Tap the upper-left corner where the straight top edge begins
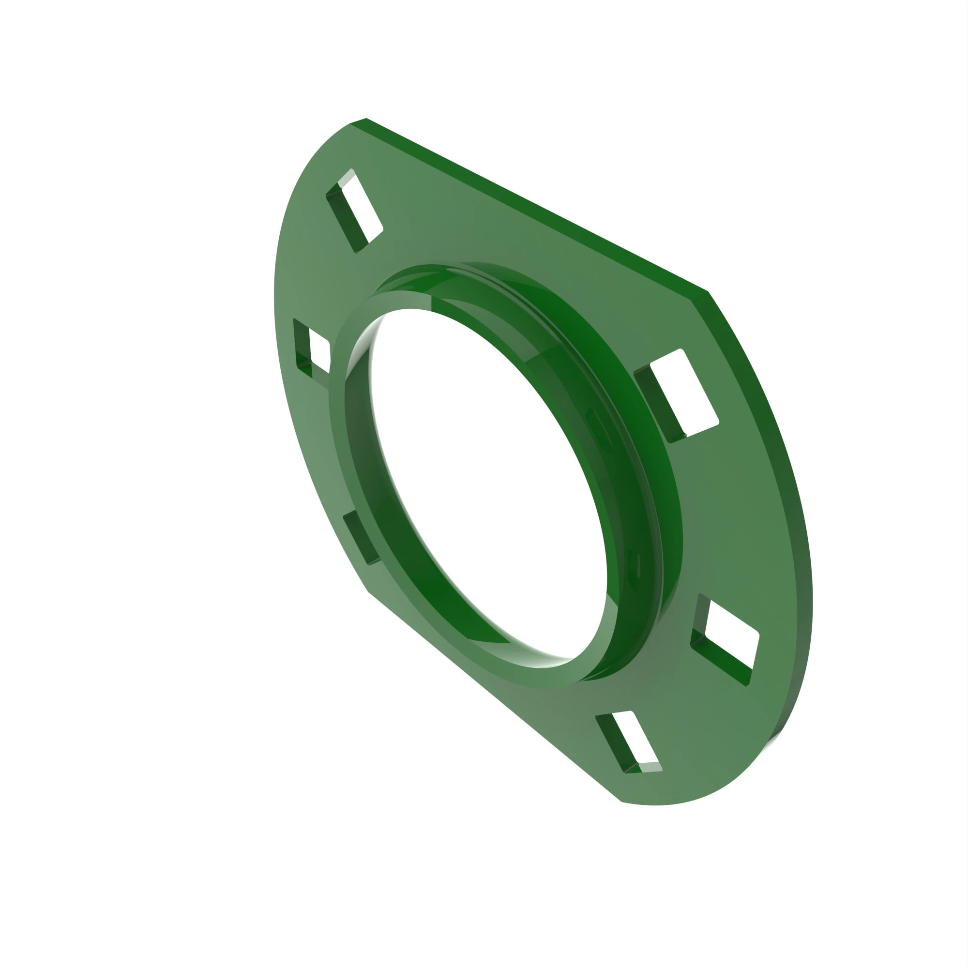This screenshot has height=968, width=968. click(358, 121)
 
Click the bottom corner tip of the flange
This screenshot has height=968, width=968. click(621, 801)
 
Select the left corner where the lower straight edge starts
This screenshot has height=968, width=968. click(368, 592)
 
